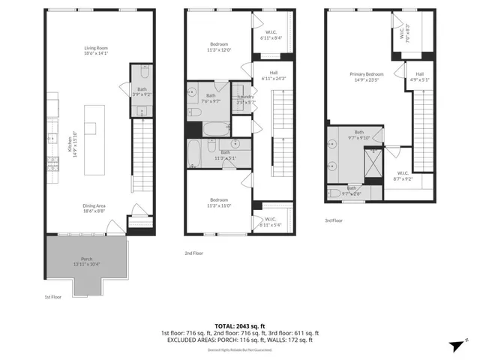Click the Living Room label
(96, 50)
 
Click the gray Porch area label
(87, 261)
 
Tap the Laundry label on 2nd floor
(245, 99)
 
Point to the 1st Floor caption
(52, 296)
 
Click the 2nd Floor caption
(193, 253)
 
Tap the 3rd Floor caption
(334, 220)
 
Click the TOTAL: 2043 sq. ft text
(240, 325)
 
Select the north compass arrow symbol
(454, 346)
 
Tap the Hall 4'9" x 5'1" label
(420, 76)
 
